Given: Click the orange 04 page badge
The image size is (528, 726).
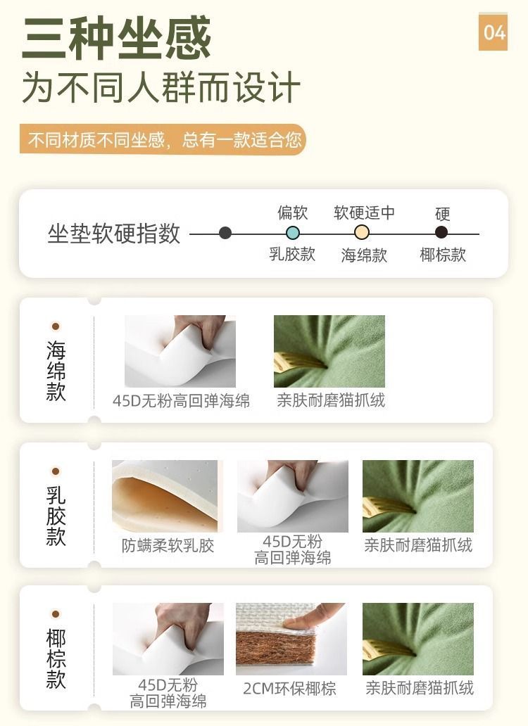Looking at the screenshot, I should (493, 32).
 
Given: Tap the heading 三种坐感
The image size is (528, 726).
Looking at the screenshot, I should (116, 39).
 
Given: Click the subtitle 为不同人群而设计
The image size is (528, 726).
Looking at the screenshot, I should (161, 88).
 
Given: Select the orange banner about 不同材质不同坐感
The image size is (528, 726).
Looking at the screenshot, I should (163, 140).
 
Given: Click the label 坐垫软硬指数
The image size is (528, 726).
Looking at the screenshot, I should (114, 234).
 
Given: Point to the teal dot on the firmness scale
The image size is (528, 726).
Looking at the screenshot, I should (293, 233).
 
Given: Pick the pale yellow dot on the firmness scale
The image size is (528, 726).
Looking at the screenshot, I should (362, 233).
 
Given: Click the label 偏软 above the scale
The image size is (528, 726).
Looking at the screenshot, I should (293, 212).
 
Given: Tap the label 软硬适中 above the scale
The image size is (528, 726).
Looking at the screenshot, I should (364, 212).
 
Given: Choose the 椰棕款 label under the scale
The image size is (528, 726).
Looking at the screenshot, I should (443, 255).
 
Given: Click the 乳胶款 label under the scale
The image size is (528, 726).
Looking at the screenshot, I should (292, 254).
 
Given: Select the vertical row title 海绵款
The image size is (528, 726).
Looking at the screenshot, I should (56, 371).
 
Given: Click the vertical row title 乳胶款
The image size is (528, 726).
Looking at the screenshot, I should (56, 516).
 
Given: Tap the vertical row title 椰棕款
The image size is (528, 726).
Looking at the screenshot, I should (56, 659).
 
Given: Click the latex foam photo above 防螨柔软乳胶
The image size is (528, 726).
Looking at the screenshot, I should (166, 496).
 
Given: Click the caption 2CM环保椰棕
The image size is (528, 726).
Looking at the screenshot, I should (290, 688).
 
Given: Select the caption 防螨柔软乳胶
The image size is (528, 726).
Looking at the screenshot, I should (168, 545).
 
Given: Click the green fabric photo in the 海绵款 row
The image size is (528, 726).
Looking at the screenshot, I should (329, 351).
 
